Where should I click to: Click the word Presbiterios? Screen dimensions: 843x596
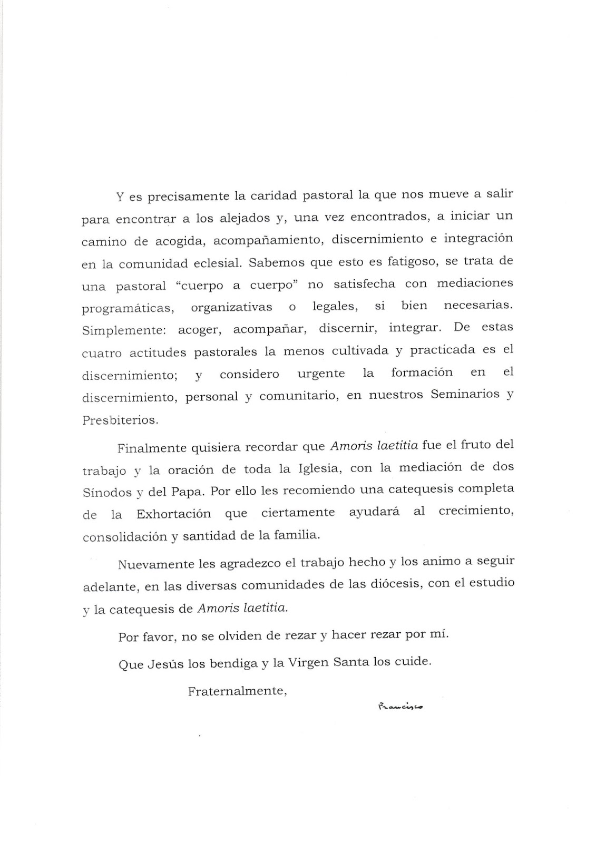120,420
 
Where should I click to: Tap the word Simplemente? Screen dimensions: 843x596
124,331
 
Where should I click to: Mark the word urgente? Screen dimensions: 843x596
321,374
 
